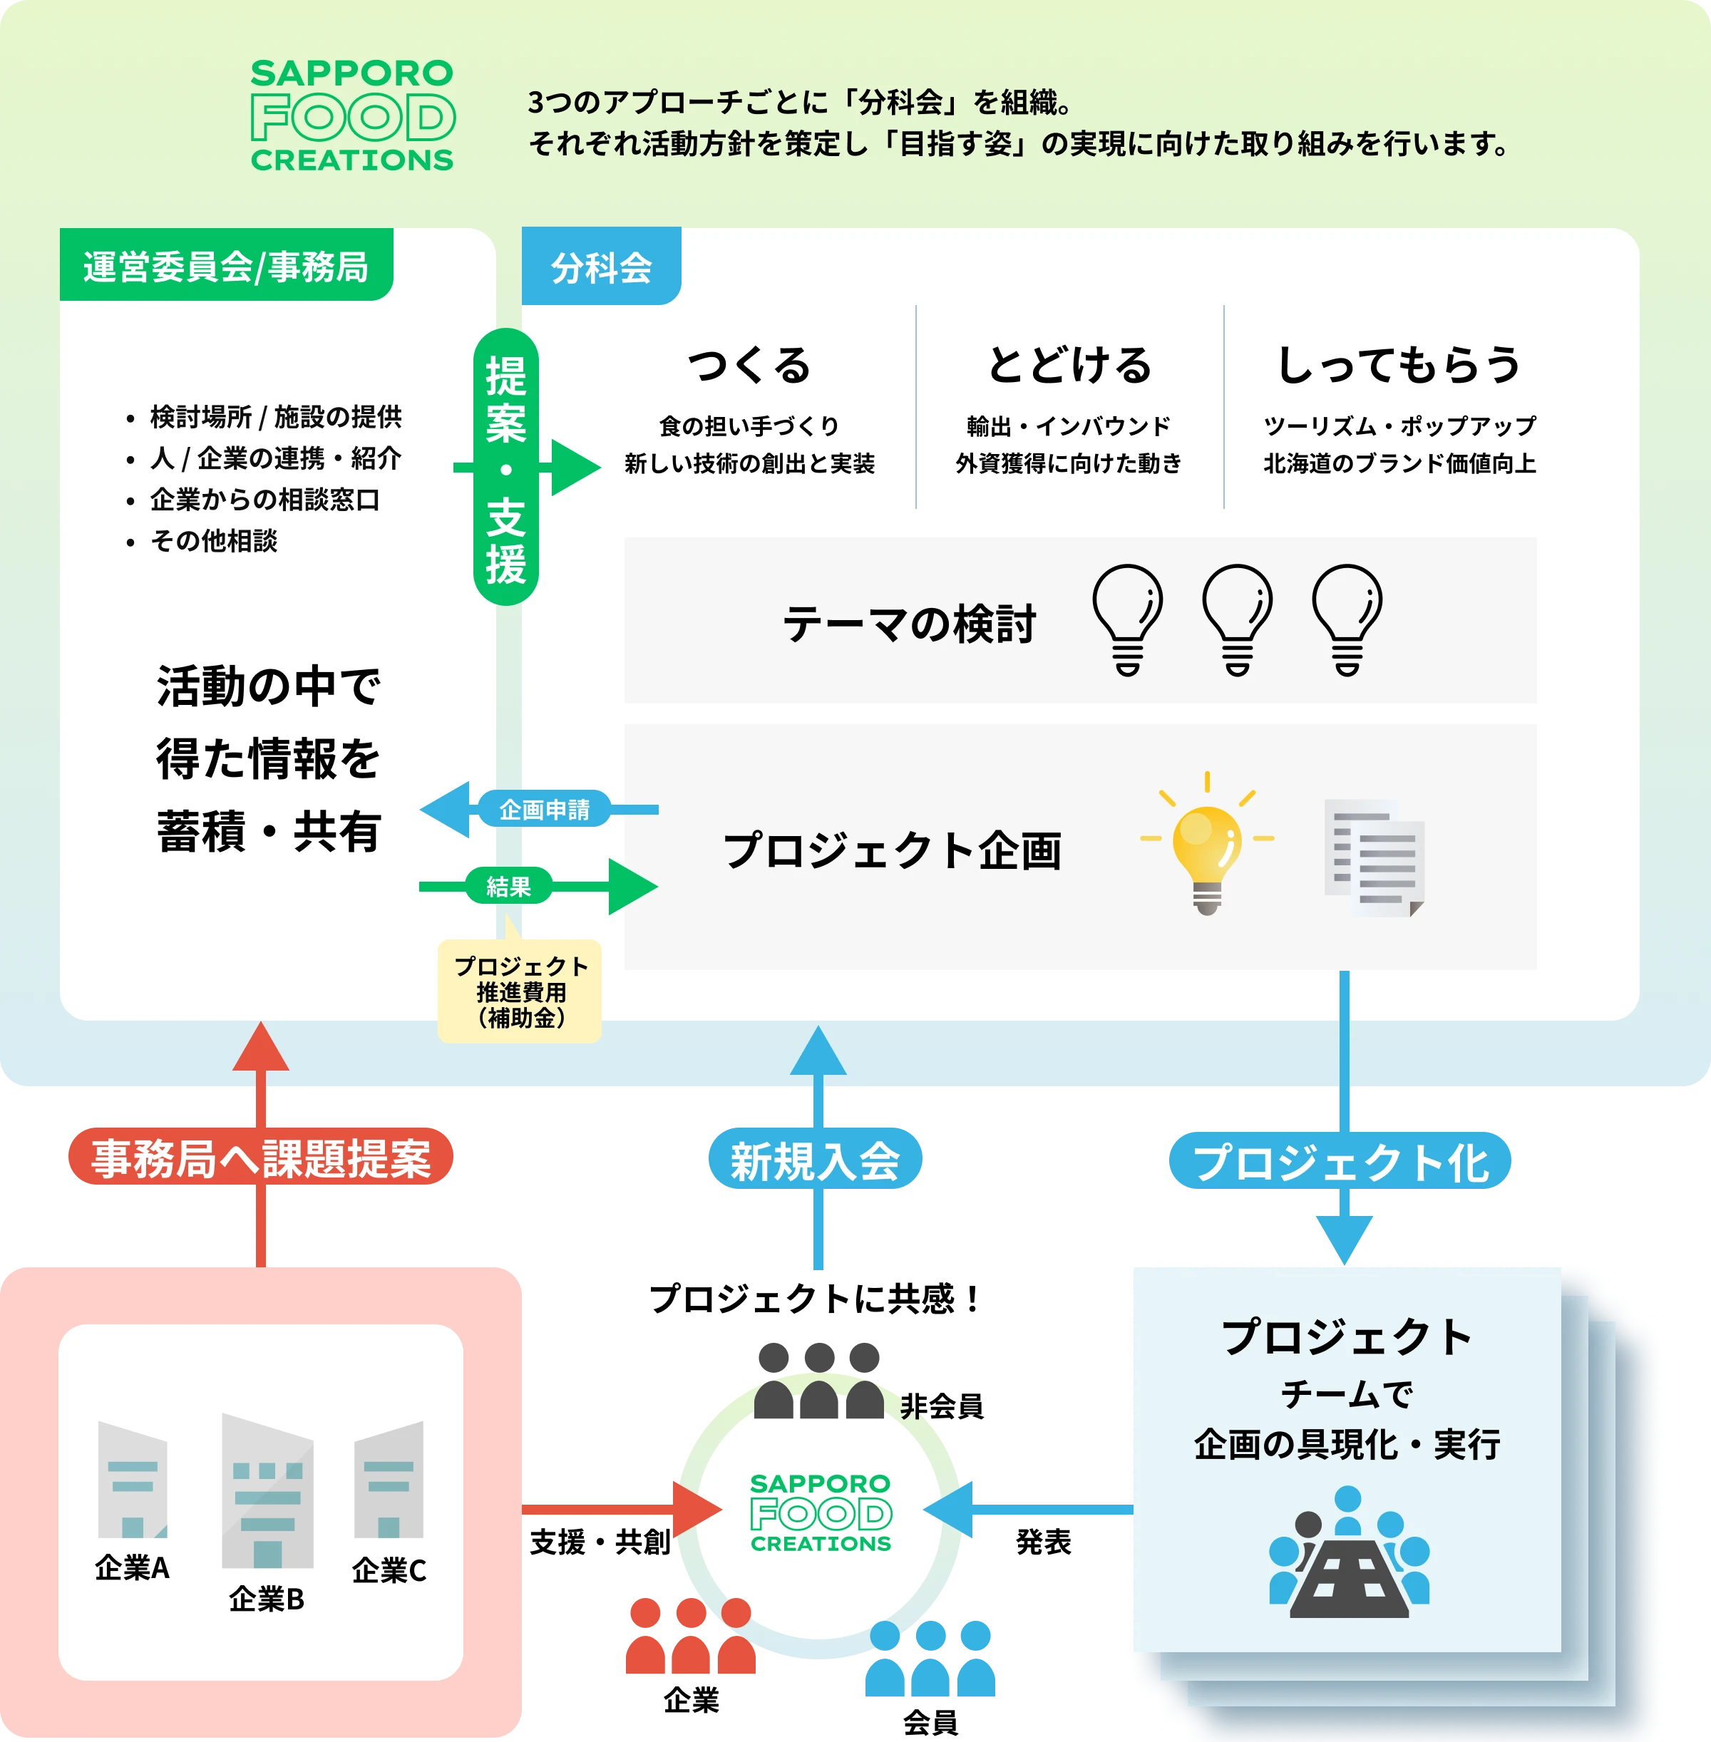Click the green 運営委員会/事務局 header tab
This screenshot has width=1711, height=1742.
point(225,266)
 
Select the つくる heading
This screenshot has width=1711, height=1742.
point(749,366)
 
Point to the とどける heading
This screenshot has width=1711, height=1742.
point(1069,366)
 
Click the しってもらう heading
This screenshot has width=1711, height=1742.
point(1399,366)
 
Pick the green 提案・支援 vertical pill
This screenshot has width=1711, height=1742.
point(506,467)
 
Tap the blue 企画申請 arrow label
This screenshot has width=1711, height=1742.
point(545,810)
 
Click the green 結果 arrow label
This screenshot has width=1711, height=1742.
point(508,887)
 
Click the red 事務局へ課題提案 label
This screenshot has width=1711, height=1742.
point(262,1157)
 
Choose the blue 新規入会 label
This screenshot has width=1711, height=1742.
point(815,1160)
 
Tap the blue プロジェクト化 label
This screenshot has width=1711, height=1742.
point(1341,1162)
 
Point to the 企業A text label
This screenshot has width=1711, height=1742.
point(132,1567)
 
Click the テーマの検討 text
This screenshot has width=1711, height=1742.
point(910,624)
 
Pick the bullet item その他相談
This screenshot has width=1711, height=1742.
point(214,541)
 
